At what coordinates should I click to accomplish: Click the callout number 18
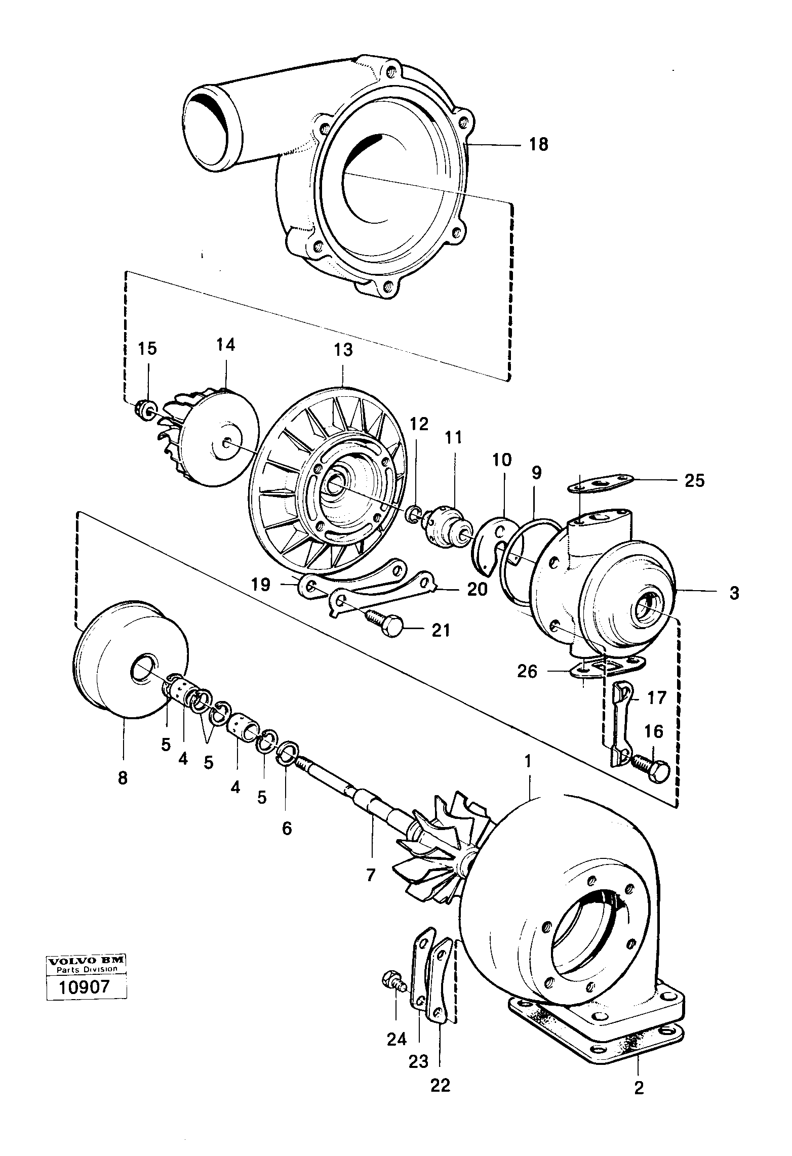(x=538, y=145)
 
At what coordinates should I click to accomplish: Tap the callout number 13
(x=343, y=350)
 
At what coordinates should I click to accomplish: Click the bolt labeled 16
(x=653, y=767)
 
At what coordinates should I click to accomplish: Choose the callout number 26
(x=527, y=671)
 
